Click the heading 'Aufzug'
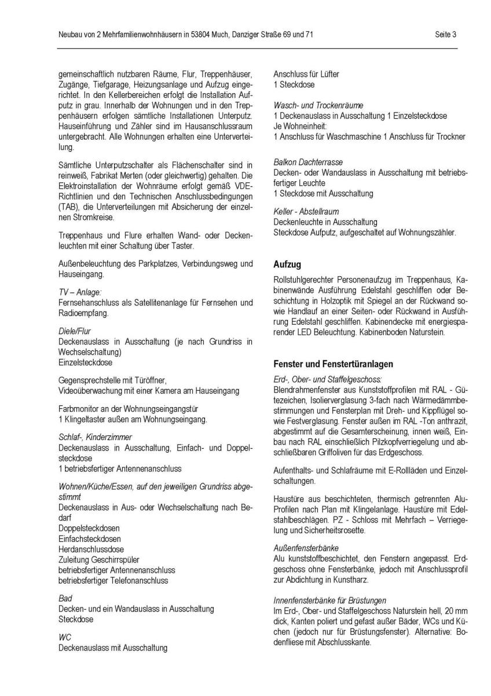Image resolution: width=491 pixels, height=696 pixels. (287, 264)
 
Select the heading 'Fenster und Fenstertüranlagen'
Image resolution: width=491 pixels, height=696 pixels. (333, 364)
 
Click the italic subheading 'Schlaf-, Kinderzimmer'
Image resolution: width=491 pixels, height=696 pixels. (95, 437)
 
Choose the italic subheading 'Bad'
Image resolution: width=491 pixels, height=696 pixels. (64, 598)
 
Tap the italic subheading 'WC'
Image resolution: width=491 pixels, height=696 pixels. (64, 638)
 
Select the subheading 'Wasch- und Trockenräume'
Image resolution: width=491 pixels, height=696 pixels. (318, 105)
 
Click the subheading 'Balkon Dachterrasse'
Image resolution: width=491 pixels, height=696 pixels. (308, 163)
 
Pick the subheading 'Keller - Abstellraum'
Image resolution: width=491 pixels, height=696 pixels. (306, 212)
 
